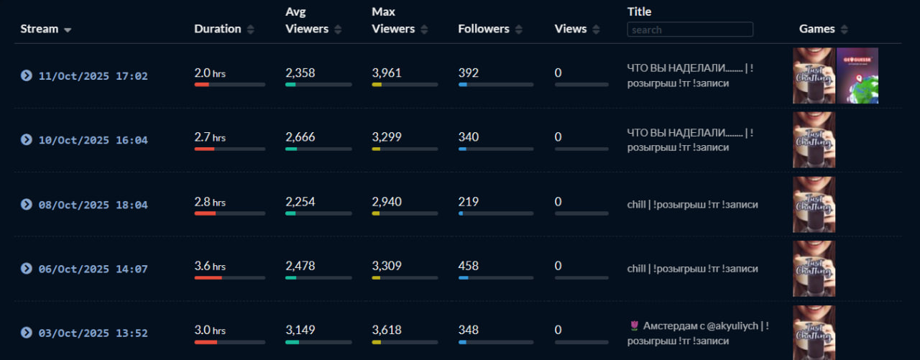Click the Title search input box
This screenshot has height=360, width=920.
pyautogui.click(x=690, y=29)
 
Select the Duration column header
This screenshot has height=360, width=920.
pyautogui.click(x=218, y=29)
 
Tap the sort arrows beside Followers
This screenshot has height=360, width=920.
pyautogui.click(x=519, y=29)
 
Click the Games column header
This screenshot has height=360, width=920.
pyautogui.click(x=817, y=29)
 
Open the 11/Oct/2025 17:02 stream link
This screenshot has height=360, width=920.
pyautogui.click(x=93, y=76)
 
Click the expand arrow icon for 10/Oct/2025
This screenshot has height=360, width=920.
pyautogui.click(x=27, y=139)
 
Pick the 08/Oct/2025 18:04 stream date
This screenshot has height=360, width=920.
pyautogui.click(x=93, y=205)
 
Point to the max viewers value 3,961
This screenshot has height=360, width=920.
pyautogui.click(x=387, y=73)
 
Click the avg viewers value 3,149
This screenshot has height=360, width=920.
pyautogui.click(x=300, y=330)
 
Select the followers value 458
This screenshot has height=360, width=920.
pyautogui.click(x=469, y=266)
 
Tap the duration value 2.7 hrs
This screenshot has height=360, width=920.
pyautogui.click(x=210, y=137)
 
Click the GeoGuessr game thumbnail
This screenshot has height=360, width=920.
pyautogui.click(x=857, y=75)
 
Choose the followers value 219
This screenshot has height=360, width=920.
pyautogui.click(x=469, y=202)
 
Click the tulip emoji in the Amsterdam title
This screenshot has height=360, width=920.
pyautogui.click(x=634, y=326)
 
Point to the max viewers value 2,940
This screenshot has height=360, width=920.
pyautogui.click(x=387, y=202)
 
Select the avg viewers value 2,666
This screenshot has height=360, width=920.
pyautogui.click(x=300, y=137)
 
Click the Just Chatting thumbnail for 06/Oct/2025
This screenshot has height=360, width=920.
pyautogui.click(x=814, y=269)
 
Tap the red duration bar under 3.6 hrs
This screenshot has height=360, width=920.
pyautogui.click(x=208, y=278)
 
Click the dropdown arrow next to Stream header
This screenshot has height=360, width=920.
pyautogui.click(x=68, y=30)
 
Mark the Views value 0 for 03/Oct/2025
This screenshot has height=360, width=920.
pyautogui.click(x=558, y=330)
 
